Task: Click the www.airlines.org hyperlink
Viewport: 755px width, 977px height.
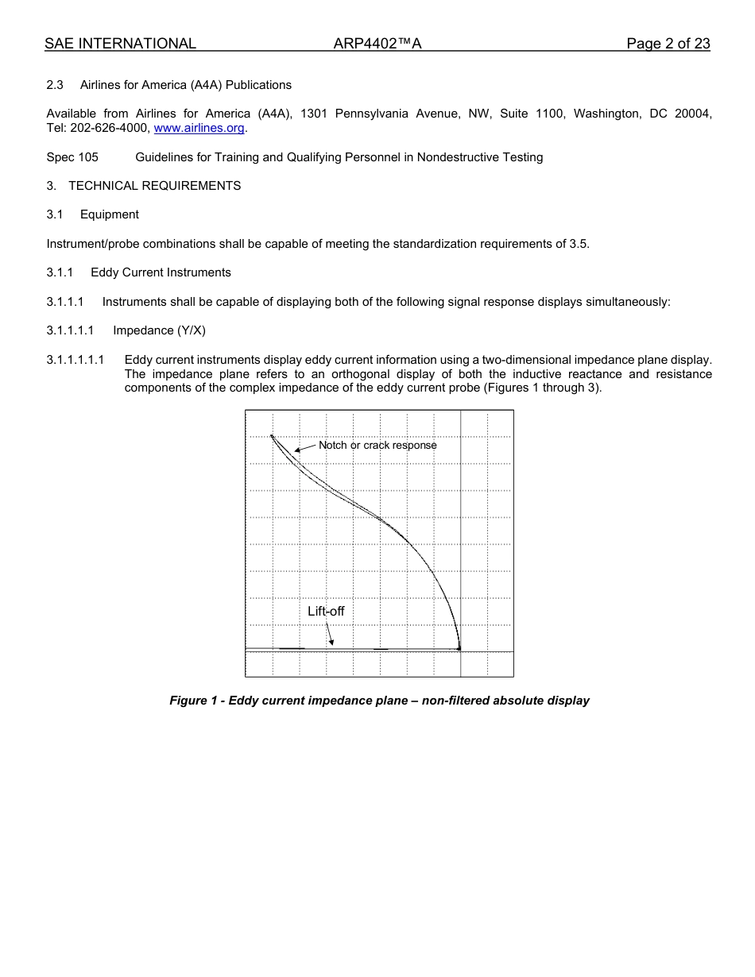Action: click(199, 129)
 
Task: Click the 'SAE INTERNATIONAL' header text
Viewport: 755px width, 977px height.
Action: click(120, 44)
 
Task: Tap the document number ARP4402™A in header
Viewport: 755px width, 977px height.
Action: click(377, 44)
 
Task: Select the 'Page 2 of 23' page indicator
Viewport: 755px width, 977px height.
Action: click(668, 44)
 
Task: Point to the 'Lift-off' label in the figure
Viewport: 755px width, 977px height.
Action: click(326, 612)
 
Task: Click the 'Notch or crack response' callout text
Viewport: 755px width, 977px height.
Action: click(377, 446)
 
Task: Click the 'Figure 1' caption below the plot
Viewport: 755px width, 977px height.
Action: click(379, 701)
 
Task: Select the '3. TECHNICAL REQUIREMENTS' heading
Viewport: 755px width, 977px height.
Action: click(144, 186)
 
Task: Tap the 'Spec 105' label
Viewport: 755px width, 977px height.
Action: click(72, 157)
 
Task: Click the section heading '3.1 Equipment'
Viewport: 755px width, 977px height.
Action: click(92, 214)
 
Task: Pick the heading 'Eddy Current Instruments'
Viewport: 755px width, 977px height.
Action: click(161, 272)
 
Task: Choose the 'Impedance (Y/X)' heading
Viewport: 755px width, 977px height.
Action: click(159, 330)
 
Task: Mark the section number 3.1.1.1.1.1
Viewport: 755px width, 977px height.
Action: click(75, 360)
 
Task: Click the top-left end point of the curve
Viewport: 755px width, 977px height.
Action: click(272, 435)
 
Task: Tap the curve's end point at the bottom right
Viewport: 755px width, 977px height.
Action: click(459, 649)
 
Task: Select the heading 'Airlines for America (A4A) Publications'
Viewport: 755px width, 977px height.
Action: click(185, 85)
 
